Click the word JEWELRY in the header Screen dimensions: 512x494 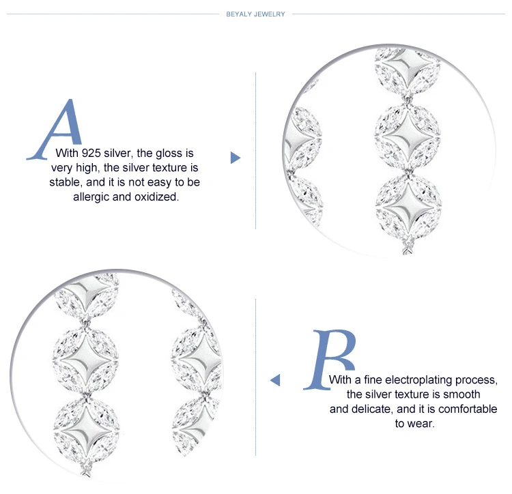pyautogui.click(x=270, y=14)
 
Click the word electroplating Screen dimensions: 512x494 pyautogui.click(x=419, y=380)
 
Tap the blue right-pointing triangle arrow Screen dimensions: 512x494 pyautogui.click(x=236, y=158)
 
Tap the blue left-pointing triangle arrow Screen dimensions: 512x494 pyautogui.click(x=275, y=380)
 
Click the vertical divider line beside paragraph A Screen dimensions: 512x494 pyautogui.click(x=256, y=150)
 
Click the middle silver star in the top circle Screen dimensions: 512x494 pyautogui.click(x=408, y=135)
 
